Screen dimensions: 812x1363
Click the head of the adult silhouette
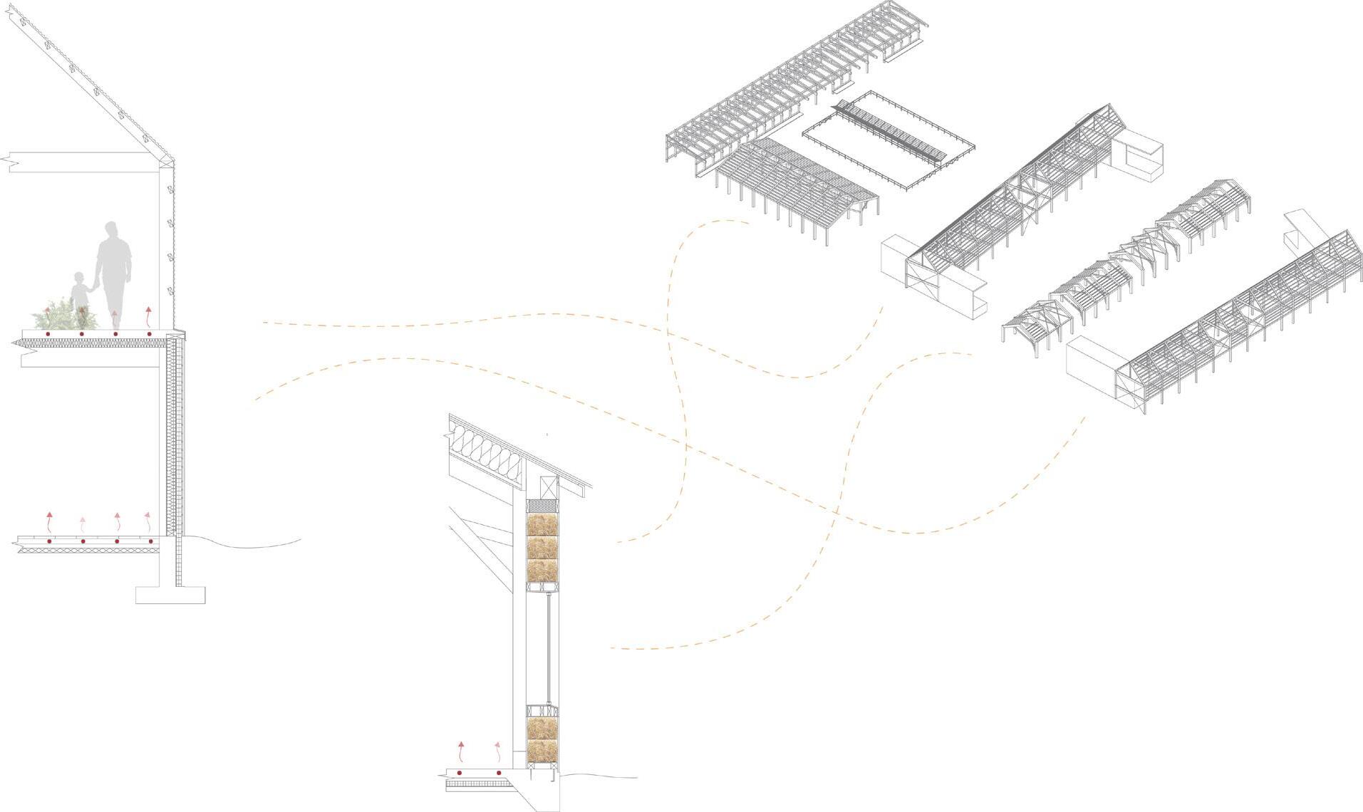point(111,231)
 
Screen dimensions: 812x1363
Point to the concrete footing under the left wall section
point(170,595)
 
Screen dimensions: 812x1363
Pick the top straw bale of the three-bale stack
point(542,526)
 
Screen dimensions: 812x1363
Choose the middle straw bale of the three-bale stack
point(542,548)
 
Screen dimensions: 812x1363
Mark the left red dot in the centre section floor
point(460,773)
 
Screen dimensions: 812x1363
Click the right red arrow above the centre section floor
point(498,749)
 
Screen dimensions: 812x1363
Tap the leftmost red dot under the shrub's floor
point(47,333)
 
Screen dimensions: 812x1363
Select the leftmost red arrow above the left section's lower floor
point(49,522)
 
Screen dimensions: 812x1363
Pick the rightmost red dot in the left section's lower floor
point(151,542)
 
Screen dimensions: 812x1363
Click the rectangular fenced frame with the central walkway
point(888,140)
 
